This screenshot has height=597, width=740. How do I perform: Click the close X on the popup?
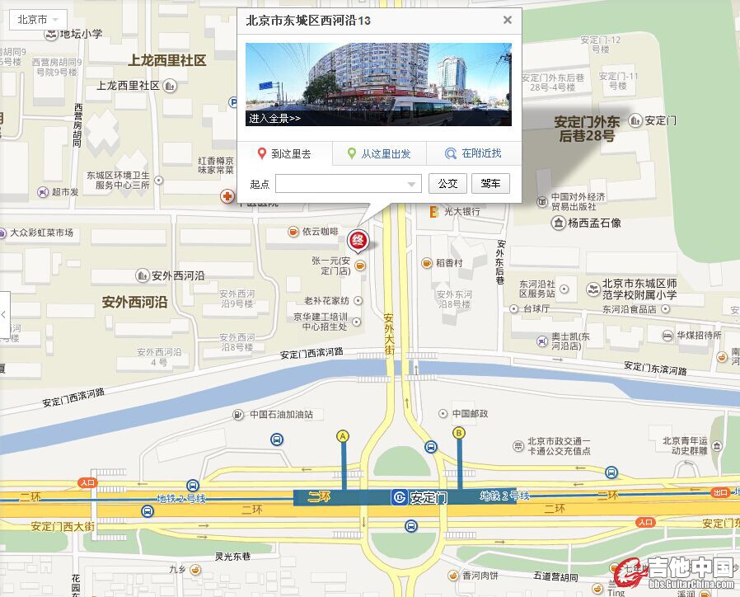507,20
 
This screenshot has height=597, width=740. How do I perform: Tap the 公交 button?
447,183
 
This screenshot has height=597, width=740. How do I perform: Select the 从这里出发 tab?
379,153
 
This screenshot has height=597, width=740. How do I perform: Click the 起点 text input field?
348,183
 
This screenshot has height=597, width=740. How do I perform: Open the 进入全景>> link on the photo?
275,118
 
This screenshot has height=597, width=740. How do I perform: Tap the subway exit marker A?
343,435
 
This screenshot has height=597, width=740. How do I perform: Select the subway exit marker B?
459,433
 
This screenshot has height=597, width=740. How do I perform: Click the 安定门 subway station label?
428,497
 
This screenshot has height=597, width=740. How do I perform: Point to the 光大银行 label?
461,212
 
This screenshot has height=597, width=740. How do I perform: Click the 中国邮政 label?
469,413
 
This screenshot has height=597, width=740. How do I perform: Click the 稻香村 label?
448,263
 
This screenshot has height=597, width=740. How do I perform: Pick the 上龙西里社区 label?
166,60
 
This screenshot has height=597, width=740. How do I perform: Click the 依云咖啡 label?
320,232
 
